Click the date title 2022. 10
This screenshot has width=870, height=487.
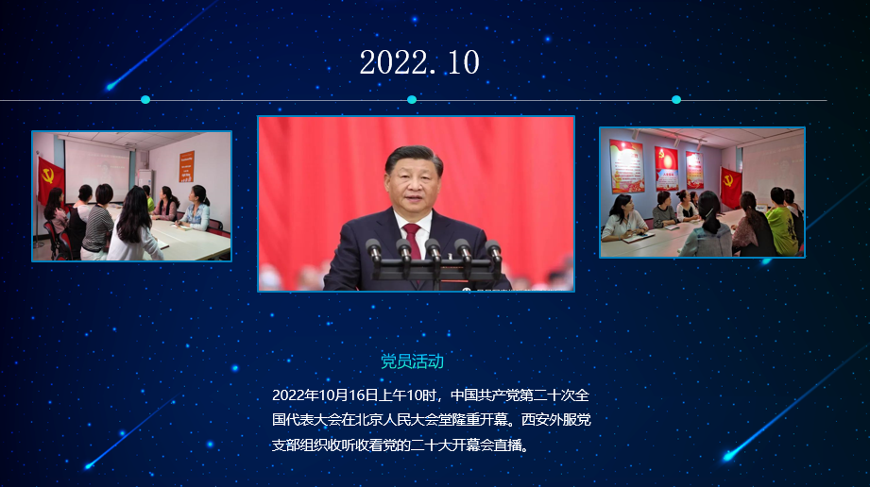tap(419, 62)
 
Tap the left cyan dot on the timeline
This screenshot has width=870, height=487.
tap(145, 100)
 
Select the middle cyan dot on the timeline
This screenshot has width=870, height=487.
tap(412, 100)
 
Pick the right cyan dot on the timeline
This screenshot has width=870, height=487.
tap(676, 100)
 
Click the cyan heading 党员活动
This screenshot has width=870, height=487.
tap(412, 361)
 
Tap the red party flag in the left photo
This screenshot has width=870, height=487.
tap(50, 178)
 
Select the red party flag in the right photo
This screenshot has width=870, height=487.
tap(730, 186)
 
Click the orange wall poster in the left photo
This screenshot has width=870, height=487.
tap(186, 166)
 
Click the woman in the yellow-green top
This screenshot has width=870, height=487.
tap(781, 222)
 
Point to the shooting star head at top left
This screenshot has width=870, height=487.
tap(111, 86)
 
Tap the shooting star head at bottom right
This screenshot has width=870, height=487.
tap(728, 457)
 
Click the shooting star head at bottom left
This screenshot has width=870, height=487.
tap(88, 466)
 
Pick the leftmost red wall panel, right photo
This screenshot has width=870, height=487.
tap(627, 166)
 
